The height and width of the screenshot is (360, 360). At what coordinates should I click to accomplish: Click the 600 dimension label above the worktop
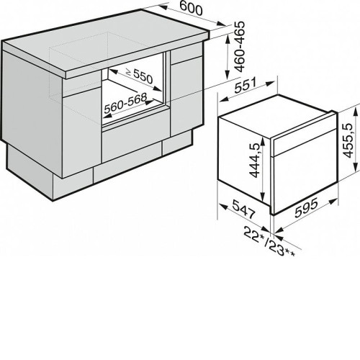click(191, 9)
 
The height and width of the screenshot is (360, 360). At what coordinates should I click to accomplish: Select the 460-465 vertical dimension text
click(240, 47)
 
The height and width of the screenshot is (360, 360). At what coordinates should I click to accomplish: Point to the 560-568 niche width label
click(125, 104)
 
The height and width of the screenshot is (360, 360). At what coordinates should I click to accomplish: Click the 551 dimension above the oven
click(246, 85)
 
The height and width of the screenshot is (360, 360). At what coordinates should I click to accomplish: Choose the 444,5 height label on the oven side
click(255, 161)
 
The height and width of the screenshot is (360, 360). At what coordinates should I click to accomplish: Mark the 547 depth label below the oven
click(243, 210)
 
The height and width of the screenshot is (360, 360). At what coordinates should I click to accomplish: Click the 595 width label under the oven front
click(306, 207)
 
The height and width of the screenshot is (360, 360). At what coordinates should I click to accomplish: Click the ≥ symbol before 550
click(129, 71)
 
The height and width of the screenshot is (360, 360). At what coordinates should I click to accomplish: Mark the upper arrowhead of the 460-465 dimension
click(227, 40)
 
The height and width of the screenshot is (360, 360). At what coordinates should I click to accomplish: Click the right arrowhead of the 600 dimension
click(221, 24)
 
